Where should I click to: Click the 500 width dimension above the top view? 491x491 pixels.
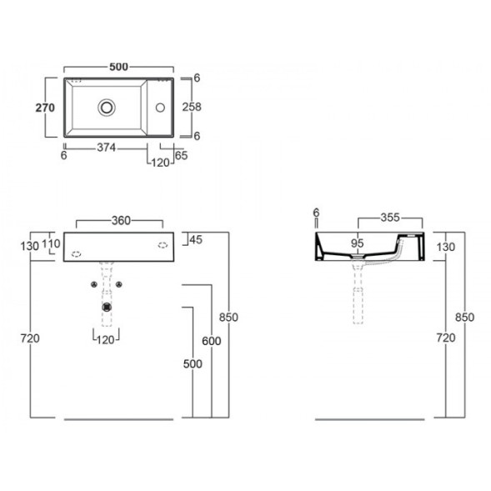click(118, 67)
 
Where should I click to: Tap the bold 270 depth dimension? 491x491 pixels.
click(45, 108)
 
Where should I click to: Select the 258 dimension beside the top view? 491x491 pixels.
click(192, 107)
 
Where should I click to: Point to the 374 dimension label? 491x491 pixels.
click(107, 148)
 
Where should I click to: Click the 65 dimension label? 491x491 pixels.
click(181, 155)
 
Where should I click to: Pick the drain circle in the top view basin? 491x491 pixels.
click(107, 108)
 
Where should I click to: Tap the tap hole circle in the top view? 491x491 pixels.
click(160, 108)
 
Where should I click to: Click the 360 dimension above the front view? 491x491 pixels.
click(121, 221)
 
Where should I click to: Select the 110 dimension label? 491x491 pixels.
click(51, 243)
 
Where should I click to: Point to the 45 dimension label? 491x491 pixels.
click(196, 240)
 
